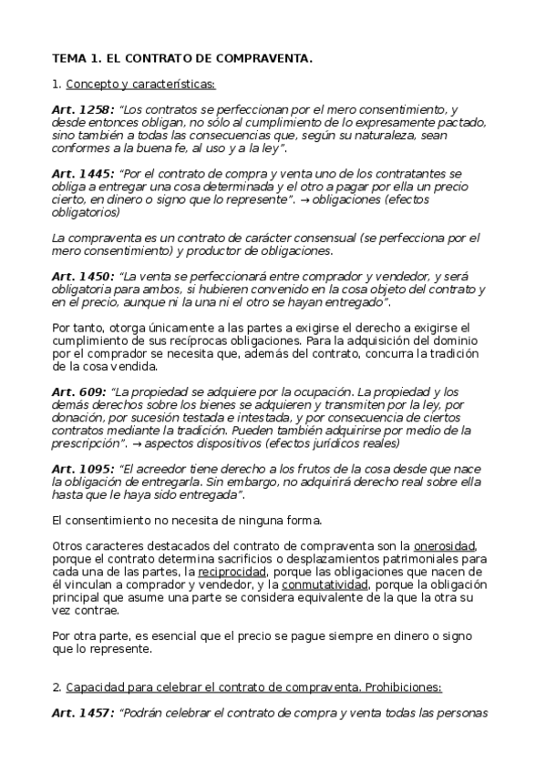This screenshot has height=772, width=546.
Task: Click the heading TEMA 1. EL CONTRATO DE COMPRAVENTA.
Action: (182, 57)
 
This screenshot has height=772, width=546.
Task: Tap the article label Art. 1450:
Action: (83, 276)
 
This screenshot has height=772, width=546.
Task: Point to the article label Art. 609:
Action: (79, 391)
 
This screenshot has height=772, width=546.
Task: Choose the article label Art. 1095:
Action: (83, 469)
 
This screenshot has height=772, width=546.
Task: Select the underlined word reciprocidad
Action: (224, 571)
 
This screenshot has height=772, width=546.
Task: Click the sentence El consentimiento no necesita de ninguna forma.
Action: (187, 520)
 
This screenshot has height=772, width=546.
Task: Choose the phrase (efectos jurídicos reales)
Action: (331, 443)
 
